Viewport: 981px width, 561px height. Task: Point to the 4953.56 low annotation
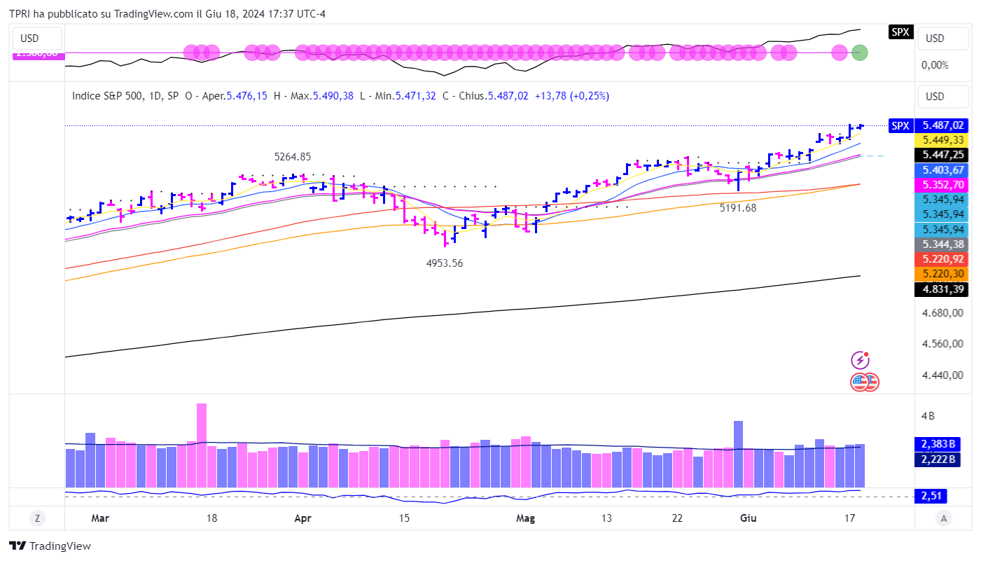pyautogui.click(x=445, y=263)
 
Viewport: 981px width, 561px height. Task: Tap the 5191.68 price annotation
pyautogui.click(x=738, y=207)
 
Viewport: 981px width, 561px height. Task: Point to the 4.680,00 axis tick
pyautogui.click(x=942, y=313)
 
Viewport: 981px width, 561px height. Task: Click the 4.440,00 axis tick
pyautogui.click(x=942, y=375)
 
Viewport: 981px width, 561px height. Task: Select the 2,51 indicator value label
pyautogui.click(x=930, y=496)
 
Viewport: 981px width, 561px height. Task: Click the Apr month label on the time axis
pyautogui.click(x=302, y=518)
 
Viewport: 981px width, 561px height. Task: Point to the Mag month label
pyautogui.click(x=525, y=518)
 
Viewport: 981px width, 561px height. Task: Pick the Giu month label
pyautogui.click(x=748, y=518)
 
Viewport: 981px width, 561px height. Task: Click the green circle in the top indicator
pyautogui.click(x=859, y=52)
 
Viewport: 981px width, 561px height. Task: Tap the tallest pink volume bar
pyautogui.click(x=202, y=444)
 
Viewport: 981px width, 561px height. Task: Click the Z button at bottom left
pyautogui.click(x=36, y=518)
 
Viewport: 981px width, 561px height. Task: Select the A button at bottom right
pyautogui.click(x=944, y=518)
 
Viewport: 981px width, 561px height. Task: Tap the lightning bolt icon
pyautogui.click(x=860, y=361)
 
